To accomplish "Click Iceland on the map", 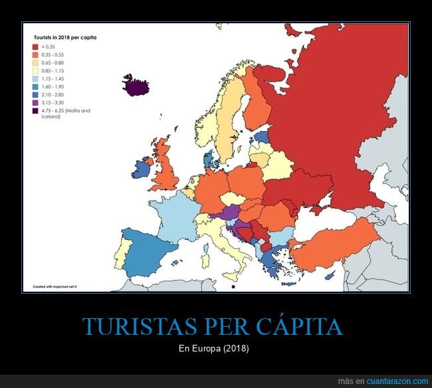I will pyautogui.click(x=136, y=86).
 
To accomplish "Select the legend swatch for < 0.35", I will pyautogui.click(x=35, y=47).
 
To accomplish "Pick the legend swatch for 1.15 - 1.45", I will pyautogui.click(x=35, y=79).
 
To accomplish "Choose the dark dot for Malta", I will pyautogui.click(x=233, y=287).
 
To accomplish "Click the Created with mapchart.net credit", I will pyautogui.click(x=56, y=287).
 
